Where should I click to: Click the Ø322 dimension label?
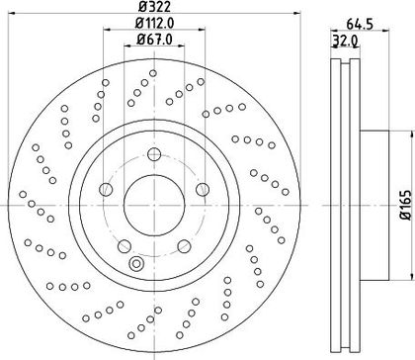point(155,6)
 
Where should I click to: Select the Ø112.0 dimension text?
point(154,23)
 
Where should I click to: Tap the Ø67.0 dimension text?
point(154,40)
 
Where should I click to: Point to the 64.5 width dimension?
point(360,24)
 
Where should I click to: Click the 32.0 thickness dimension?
point(345,41)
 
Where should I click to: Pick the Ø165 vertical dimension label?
point(406,205)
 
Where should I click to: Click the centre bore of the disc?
point(154,205)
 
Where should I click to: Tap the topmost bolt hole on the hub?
point(154,154)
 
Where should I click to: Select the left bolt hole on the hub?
point(106,190)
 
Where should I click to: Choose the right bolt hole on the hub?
point(203,190)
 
